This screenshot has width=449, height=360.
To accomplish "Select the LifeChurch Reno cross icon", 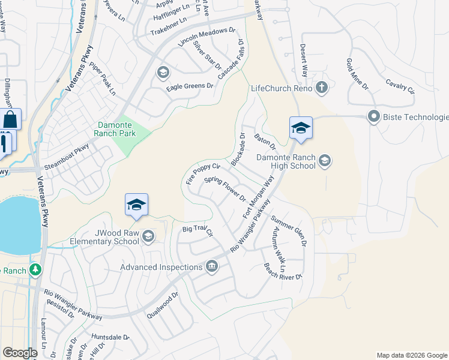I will click(322, 88).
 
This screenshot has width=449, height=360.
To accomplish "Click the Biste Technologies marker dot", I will click(374, 116).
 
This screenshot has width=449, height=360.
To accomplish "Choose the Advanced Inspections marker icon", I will click(211, 266).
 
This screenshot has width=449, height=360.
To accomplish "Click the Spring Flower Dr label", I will click(225, 188).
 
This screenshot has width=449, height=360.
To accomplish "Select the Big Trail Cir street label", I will click(197, 230).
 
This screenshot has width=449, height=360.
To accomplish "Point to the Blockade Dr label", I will click(238, 150).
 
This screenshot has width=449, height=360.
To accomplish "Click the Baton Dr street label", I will click(264, 142).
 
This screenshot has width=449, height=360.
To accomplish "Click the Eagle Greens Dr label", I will click(190, 86).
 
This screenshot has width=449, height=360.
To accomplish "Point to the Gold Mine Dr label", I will click(357, 74).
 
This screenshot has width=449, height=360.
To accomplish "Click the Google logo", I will click(20, 353).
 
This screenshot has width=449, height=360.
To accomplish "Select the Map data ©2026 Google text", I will click(411, 355).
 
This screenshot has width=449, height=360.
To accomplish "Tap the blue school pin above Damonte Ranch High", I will click(301, 128).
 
